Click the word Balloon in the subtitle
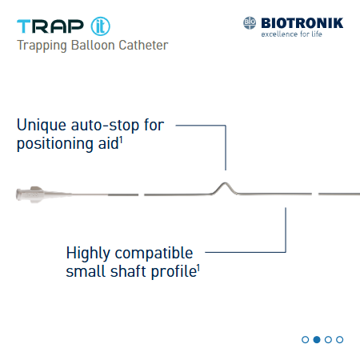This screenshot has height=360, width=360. [96, 45]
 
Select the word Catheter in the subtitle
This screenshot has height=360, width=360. [144, 45]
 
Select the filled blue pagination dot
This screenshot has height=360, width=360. [317, 339]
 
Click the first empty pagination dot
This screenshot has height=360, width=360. [306, 339]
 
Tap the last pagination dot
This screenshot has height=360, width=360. [340, 339]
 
